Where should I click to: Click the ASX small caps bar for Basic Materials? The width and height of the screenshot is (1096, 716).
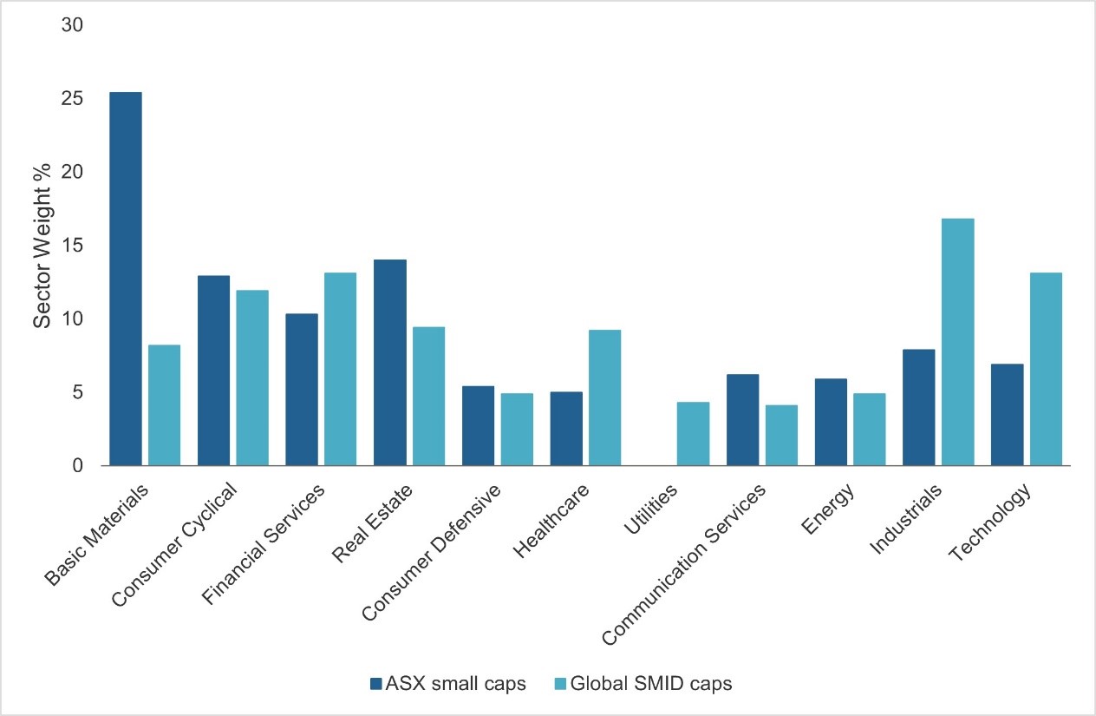pyautogui.click(x=126, y=279)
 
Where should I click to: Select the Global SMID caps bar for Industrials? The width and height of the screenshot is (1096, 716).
pyautogui.click(x=957, y=342)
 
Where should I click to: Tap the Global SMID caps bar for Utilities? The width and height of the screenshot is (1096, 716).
pyautogui.click(x=693, y=434)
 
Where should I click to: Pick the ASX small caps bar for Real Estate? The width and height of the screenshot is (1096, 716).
pyautogui.click(x=390, y=363)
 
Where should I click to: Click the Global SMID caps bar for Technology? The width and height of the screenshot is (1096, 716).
pyautogui.click(x=1046, y=369)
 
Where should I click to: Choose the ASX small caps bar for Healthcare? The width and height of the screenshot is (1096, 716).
pyautogui.click(x=566, y=429)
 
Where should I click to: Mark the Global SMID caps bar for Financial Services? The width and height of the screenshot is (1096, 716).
pyautogui.click(x=340, y=369)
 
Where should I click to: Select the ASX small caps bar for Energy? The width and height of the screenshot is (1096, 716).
pyautogui.click(x=831, y=422)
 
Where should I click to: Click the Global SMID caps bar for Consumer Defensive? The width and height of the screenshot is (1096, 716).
pyautogui.click(x=517, y=430)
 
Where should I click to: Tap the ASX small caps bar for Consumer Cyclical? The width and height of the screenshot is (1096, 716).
pyautogui.click(x=214, y=371)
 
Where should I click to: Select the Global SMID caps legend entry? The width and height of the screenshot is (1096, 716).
pyautogui.click(x=643, y=684)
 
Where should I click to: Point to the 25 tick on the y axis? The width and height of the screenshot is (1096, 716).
pyautogui.click(x=72, y=99)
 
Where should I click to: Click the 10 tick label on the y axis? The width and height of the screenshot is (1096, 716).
pyautogui.click(x=72, y=319)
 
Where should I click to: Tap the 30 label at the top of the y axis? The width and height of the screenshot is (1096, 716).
pyautogui.click(x=72, y=25)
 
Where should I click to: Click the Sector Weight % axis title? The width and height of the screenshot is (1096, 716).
pyautogui.click(x=43, y=246)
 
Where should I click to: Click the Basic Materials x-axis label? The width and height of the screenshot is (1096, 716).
pyautogui.click(x=97, y=534)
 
